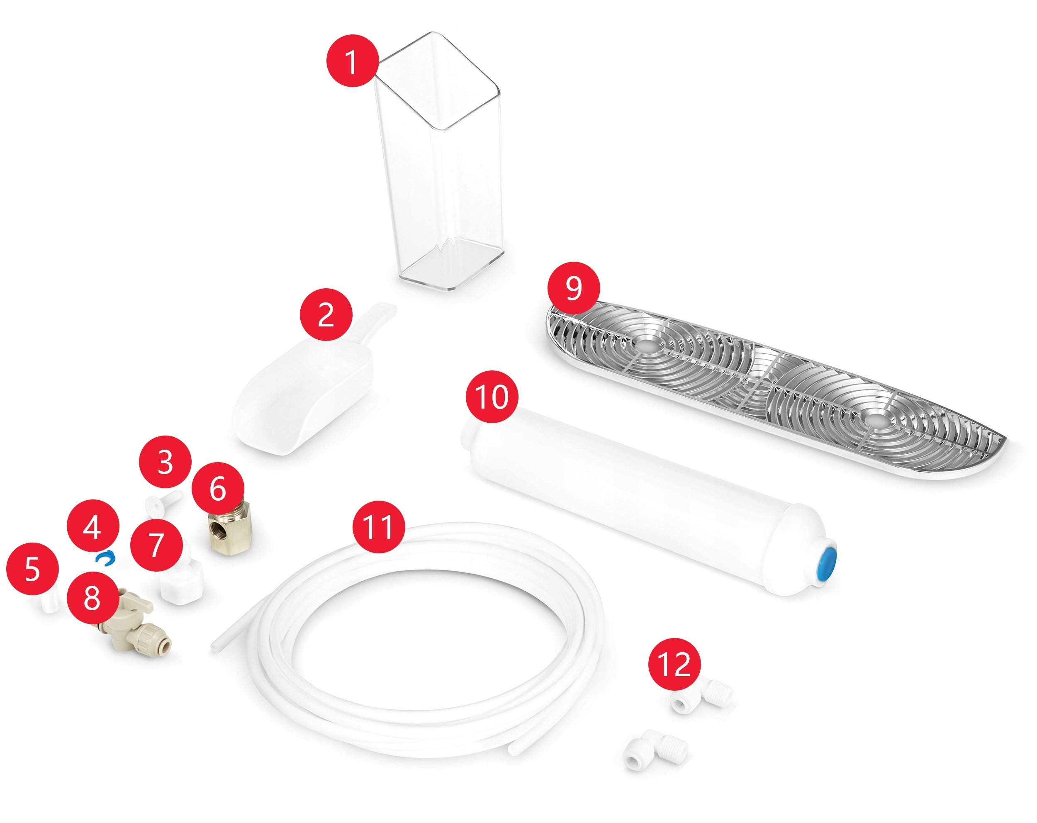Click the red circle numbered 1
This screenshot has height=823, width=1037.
click(353, 61)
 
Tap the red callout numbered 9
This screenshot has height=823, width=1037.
click(574, 288)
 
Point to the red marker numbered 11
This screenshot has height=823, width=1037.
click(379, 527)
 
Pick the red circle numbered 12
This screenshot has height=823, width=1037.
click(674, 664)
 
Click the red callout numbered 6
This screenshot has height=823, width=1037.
click(217, 489)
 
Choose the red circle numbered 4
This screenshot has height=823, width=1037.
click(93, 526)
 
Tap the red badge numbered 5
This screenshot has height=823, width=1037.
click(32, 569)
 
